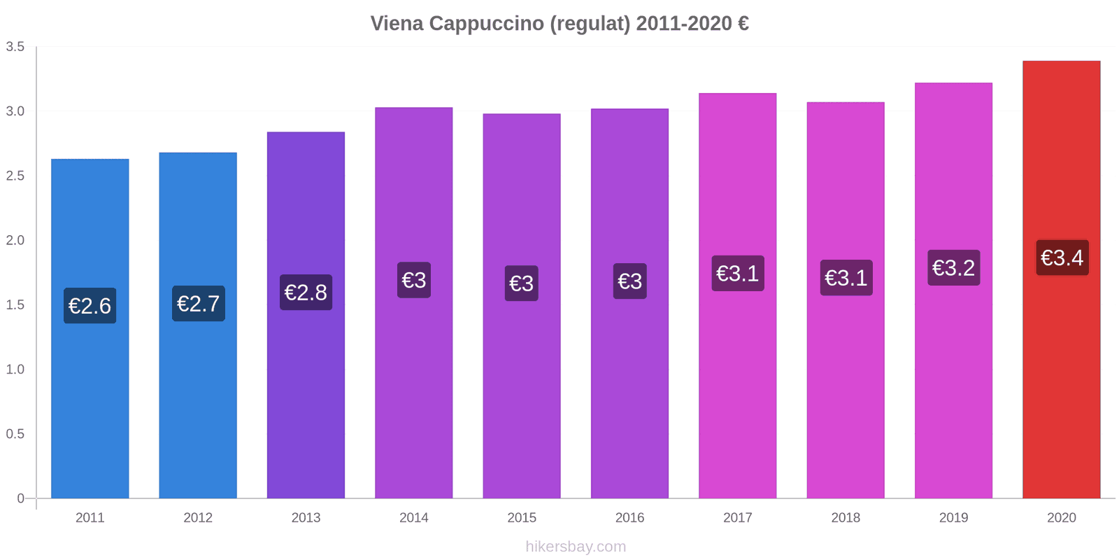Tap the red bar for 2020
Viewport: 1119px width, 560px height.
1061,385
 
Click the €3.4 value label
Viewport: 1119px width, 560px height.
1062,258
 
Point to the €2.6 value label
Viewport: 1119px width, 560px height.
90,305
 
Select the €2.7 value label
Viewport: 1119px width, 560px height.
198,304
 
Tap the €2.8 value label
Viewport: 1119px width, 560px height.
306,292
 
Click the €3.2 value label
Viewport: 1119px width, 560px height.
953,267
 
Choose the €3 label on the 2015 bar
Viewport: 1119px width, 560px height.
522,283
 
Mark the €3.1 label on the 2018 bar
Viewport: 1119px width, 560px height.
846,278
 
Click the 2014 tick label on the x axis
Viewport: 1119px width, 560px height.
413,518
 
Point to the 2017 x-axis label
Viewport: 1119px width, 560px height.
737,518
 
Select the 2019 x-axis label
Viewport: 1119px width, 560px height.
953,518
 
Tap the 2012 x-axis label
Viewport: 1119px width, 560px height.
198,518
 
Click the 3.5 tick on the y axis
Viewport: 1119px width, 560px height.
15,47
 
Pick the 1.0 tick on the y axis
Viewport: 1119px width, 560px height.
15,370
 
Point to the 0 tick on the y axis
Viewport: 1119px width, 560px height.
20,498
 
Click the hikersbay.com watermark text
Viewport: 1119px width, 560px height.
576,547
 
